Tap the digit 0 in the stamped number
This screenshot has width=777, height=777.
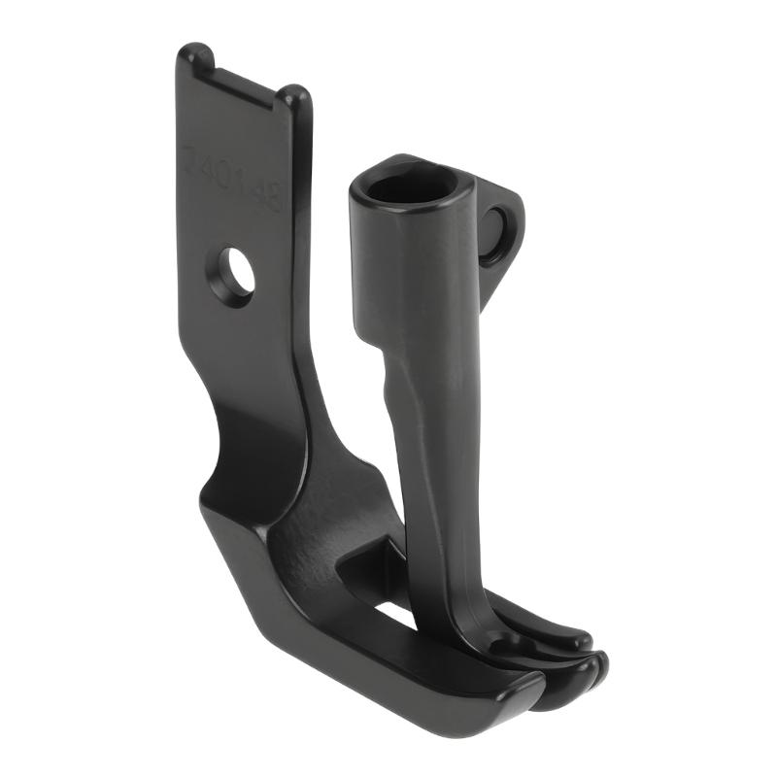tap(222, 170)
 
